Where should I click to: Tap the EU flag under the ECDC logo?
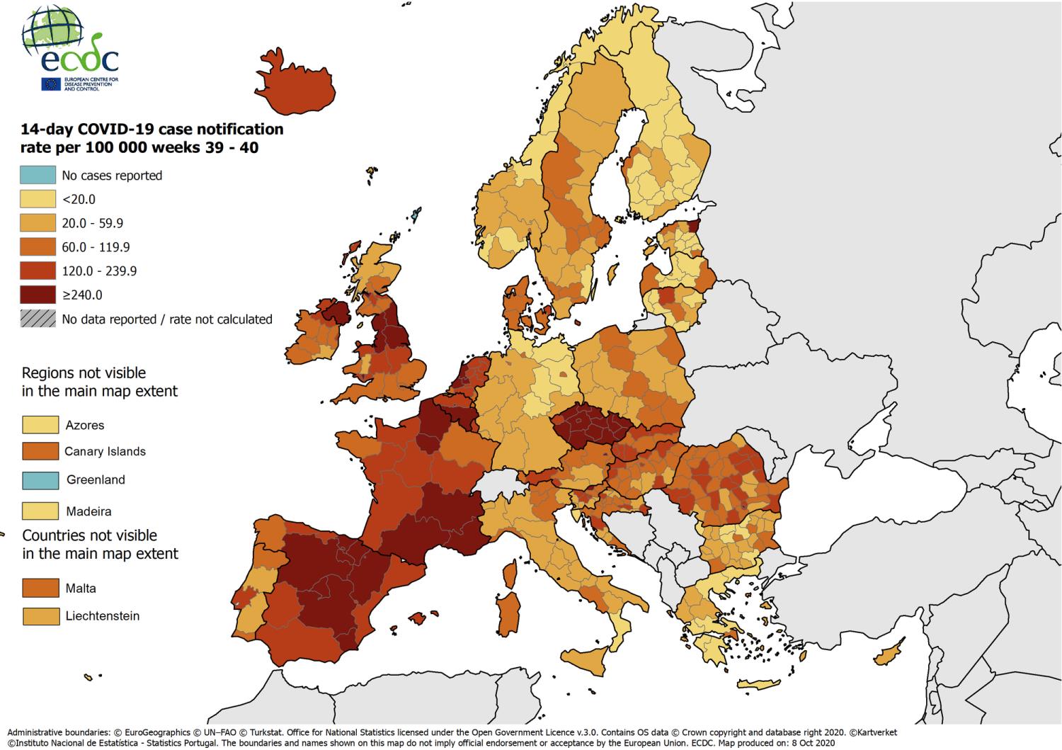pyautogui.click(x=51, y=84)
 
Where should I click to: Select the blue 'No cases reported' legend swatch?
pyautogui.click(x=38, y=175)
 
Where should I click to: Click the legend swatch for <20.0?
pyautogui.click(x=38, y=199)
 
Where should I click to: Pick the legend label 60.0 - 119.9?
pyautogui.click(x=96, y=247)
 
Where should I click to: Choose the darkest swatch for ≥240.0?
pyautogui.click(x=38, y=295)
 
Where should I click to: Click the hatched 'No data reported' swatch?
pyautogui.click(x=38, y=319)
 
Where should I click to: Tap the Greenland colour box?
pyautogui.click(x=40, y=479)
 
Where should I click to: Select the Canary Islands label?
pyautogui.click(x=105, y=452)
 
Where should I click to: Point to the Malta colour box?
pyautogui.click(x=40, y=588)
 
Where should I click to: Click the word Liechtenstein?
pyautogui.click(x=103, y=616)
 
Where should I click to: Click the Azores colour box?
pyautogui.click(x=40, y=425)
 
